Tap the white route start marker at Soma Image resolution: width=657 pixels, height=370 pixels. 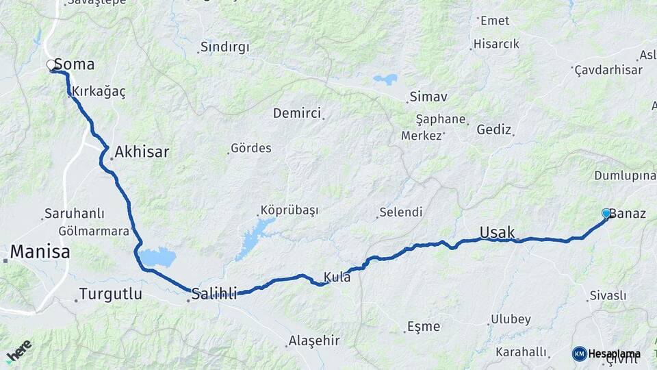(x=51, y=66)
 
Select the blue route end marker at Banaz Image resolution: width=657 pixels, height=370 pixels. (x=606, y=214)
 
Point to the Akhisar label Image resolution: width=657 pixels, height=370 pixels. (x=142, y=152)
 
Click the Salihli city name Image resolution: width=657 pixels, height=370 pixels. (x=214, y=294)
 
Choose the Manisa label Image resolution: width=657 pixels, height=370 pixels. (x=40, y=252)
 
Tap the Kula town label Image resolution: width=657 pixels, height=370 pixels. (x=338, y=277)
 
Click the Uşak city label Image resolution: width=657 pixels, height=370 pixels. (x=497, y=232)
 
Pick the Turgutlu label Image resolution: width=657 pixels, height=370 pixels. (x=110, y=295)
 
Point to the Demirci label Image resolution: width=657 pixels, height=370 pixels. (x=296, y=113)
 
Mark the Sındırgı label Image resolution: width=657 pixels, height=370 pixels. (x=224, y=47)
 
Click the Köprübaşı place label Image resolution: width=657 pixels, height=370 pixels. (x=289, y=210)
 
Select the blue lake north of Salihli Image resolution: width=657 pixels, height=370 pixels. (x=157, y=258)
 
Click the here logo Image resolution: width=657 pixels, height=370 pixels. (x=20, y=350)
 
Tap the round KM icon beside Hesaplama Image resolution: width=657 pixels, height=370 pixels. (x=579, y=354)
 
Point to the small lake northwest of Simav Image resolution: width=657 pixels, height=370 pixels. (x=385, y=79)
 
